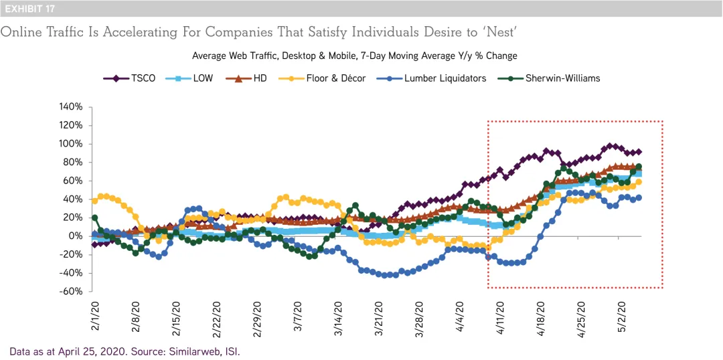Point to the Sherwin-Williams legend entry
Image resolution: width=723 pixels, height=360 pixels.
(x=550, y=78)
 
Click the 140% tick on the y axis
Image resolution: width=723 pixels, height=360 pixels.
(x=71, y=106)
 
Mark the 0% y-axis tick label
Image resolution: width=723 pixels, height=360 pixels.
(x=75, y=236)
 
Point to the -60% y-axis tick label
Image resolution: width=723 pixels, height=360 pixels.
(x=71, y=291)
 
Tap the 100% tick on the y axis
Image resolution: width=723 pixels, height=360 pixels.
(x=71, y=143)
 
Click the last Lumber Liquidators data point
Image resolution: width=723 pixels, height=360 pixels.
(x=639, y=197)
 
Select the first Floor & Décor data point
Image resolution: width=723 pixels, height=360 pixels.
(x=94, y=200)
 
